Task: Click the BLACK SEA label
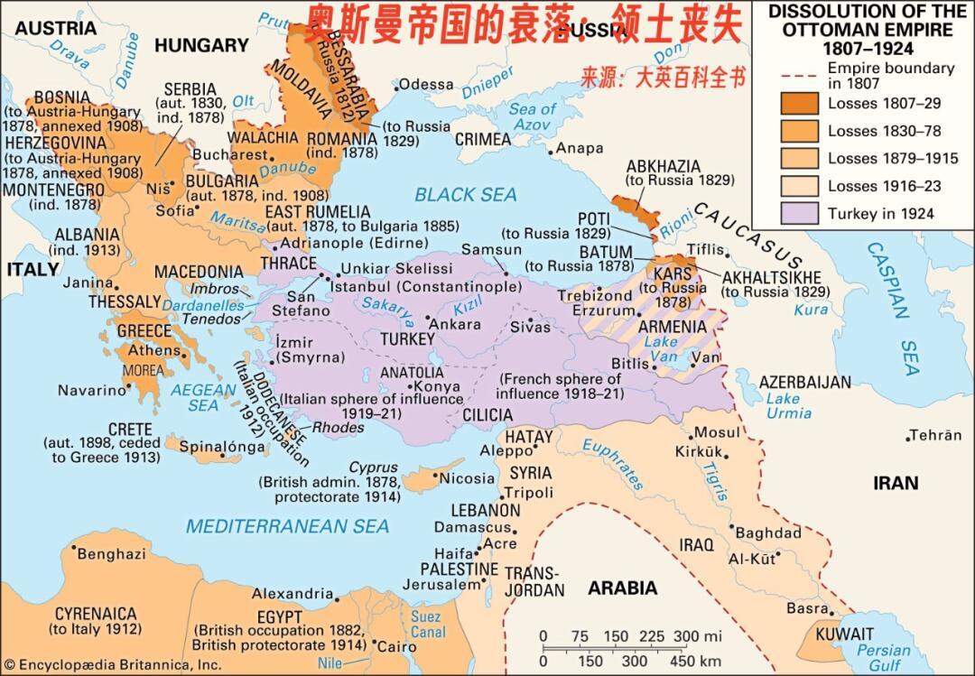(466, 195)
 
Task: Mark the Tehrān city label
(935, 435)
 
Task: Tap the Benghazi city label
(111, 553)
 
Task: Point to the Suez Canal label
(425, 624)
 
